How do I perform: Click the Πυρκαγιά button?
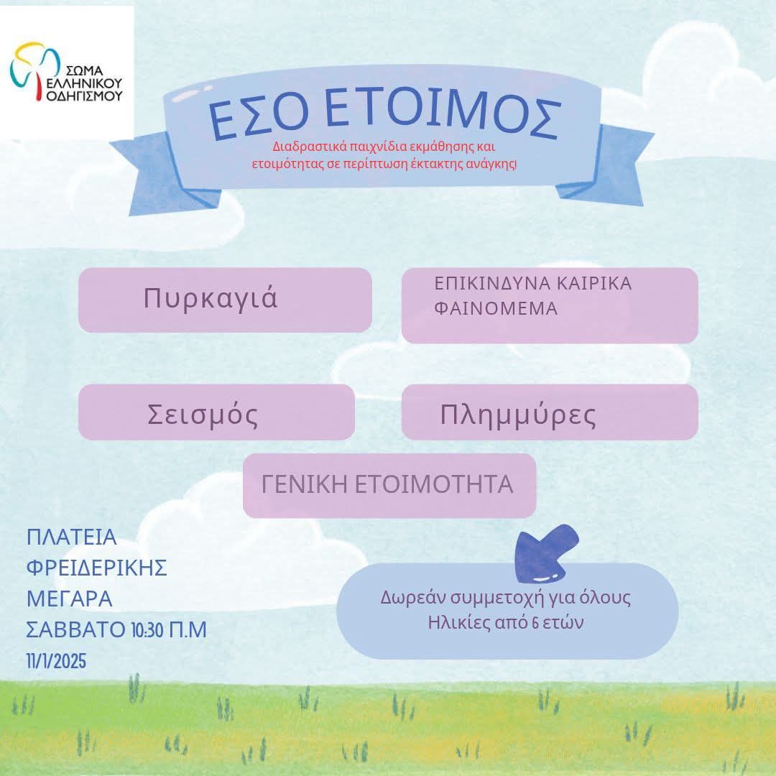[x=225, y=300]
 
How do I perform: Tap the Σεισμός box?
[x=216, y=412]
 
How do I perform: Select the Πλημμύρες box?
[x=550, y=412]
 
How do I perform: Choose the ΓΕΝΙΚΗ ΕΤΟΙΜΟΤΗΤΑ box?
[x=389, y=486]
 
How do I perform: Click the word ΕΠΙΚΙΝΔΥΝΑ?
[x=492, y=284]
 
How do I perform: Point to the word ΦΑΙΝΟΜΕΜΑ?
[x=496, y=308]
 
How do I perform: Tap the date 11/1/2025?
[x=56, y=661]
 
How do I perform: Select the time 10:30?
[x=147, y=630]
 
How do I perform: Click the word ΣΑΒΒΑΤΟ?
[x=75, y=630]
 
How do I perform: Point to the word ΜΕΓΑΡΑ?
[x=69, y=599]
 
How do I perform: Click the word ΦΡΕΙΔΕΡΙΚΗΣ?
[x=96, y=568]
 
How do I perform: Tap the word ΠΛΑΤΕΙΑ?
[x=71, y=537]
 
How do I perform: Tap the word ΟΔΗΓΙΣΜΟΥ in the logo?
[x=83, y=95]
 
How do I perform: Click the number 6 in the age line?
[x=535, y=623]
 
